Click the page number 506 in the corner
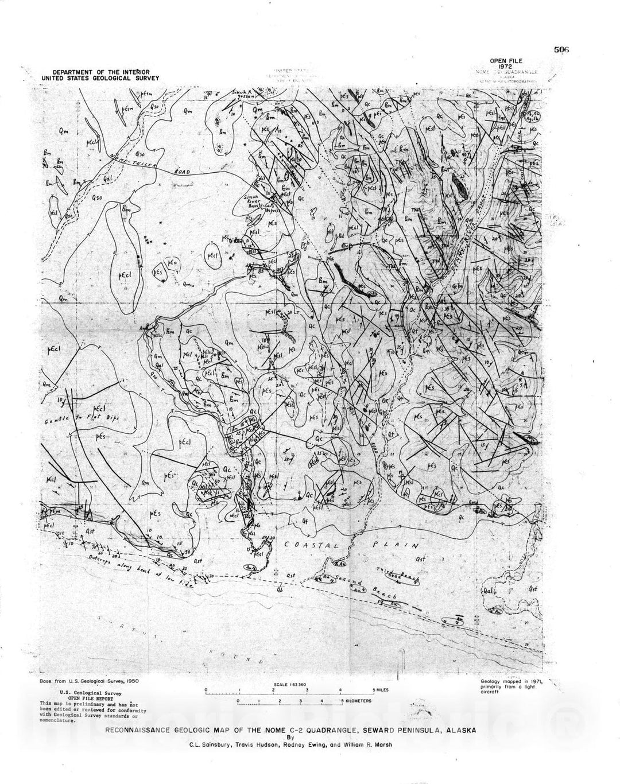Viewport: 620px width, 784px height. coord(561,49)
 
